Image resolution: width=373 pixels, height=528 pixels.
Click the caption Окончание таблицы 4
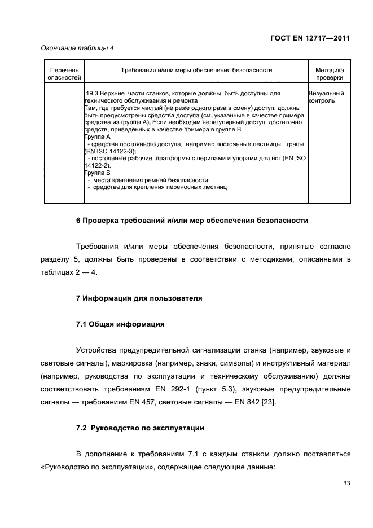pyautogui.click(x=77, y=48)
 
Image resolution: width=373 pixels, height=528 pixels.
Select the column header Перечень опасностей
pyautogui.click(x=64, y=74)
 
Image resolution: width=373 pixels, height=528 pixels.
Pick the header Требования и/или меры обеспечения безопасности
pyautogui.click(x=196, y=70)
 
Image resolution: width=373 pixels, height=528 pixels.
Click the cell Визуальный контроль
pyautogui.click(x=326, y=96)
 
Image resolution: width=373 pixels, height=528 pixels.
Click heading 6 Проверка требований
pyautogui.click(x=192, y=220)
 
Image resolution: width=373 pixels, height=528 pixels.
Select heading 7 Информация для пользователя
pyautogui.click(x=139, y=297)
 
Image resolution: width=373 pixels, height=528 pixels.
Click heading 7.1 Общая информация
pyautogui.click(x=120, y=324)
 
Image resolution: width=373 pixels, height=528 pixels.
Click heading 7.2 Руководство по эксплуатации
pyautogui.click(x=139, y=428)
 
